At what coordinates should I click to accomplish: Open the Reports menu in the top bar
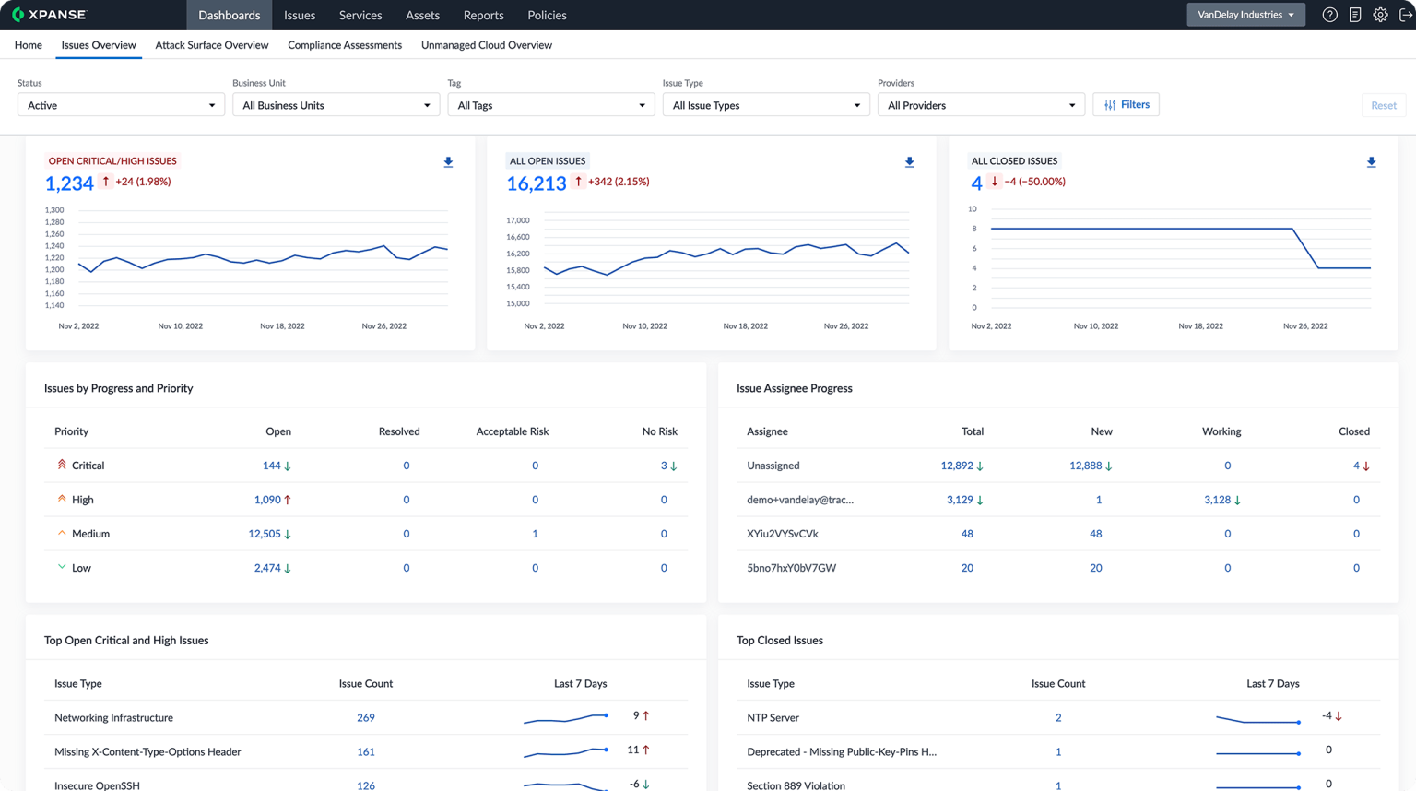pos(483,15)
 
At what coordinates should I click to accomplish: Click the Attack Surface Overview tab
pos(211,45)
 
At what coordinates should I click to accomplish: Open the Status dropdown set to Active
pos(121,105)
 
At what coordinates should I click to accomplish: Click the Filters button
pos(1126,105)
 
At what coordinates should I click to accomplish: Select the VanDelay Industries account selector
pos(1245,15)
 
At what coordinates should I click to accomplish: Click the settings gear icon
pos(1380,15)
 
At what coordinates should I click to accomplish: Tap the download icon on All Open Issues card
pos(909,162)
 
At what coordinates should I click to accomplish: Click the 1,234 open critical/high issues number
pos(69,183)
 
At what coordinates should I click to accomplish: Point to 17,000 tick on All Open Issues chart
pos(517,220)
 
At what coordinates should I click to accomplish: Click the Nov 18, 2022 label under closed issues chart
pos(1200,326)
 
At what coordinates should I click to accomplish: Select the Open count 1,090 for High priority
pos(267,500)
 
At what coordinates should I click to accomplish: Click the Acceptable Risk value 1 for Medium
pos(535,534)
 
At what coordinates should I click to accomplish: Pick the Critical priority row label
pos(88,466)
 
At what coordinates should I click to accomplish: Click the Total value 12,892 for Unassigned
pos(956,466)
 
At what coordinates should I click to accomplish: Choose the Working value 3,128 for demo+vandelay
pos(1217,500)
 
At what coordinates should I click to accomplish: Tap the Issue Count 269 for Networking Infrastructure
pos(365,717)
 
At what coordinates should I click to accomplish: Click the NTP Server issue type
pos(773,717)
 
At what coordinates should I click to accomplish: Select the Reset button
pos(1383,105)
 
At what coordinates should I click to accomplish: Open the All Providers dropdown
pos(981,105)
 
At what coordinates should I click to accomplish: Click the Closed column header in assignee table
pos(1353,431)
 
